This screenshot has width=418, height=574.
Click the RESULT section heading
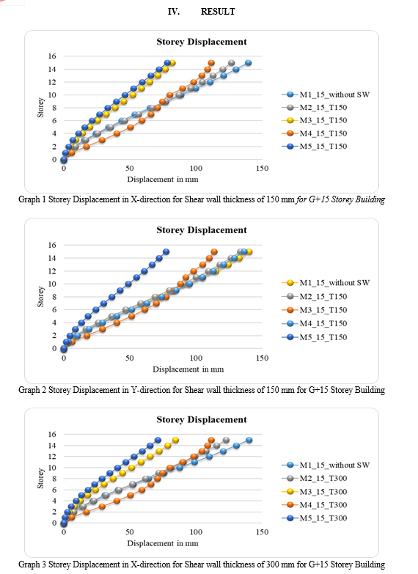(x=218, y=12)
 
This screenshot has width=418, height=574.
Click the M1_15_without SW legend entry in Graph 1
(x=326, y=95)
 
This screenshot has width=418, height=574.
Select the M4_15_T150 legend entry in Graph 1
(x=315, y=133)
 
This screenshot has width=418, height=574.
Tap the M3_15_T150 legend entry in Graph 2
(x=315, y=309)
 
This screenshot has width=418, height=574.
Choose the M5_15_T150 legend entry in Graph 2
(x=315, y=336)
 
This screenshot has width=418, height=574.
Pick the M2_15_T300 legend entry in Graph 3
(x=315, y=478)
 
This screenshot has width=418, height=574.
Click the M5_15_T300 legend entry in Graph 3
(x=315, y=518)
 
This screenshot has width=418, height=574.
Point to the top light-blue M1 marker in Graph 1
(x=249, y=62)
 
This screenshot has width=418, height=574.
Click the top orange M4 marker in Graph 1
(x=211, y=62)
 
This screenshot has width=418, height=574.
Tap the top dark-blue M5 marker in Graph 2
(x=166, y=251)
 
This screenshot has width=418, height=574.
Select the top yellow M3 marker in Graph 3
(x=175, y=440)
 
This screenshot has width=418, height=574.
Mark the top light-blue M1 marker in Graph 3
(x=249, y=440)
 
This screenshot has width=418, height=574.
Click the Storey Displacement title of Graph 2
(x=202, y=230)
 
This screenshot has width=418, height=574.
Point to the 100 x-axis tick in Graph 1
(x=196, y=168)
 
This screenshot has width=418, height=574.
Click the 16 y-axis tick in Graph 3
(x=52, y=434)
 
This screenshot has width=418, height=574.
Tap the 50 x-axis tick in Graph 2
(x=130, y=358)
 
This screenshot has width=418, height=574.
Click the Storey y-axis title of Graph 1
(x=40, y=108)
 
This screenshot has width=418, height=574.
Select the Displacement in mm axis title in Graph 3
(x=163, y=543)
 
